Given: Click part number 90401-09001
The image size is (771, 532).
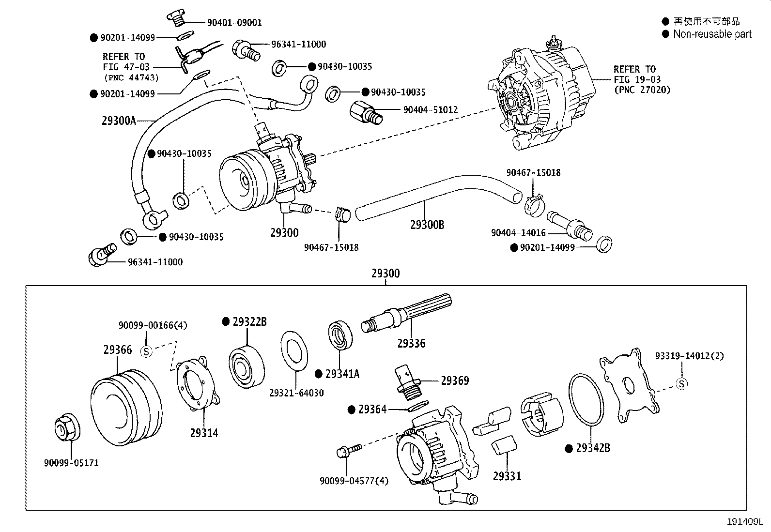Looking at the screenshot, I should [x=234, y=23].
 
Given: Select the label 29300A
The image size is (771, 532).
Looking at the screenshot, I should [x=119, y=121].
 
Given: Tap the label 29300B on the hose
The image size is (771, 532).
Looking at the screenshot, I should [x=427, y=225].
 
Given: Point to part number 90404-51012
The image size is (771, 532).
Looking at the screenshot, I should [x=431, y=110].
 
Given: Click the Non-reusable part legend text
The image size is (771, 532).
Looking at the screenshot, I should [x=712, y=34].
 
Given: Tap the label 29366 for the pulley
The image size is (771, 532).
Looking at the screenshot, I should [x=117, y=350].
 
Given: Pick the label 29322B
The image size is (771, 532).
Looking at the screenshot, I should [x=249, y=322].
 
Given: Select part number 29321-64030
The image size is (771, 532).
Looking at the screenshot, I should [x=296, y=393].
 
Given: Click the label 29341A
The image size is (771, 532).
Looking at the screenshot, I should [x=342, y=374].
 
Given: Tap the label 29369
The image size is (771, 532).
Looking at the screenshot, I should [x=455, y=381].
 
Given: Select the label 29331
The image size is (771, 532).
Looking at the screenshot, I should [x=507, y=476].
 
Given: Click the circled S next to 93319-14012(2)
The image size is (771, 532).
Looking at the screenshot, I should [x=681, y=384].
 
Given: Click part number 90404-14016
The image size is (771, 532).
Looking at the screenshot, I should [x=518, y=233].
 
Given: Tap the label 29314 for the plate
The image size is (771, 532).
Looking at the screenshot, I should [x=204, y=433].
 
